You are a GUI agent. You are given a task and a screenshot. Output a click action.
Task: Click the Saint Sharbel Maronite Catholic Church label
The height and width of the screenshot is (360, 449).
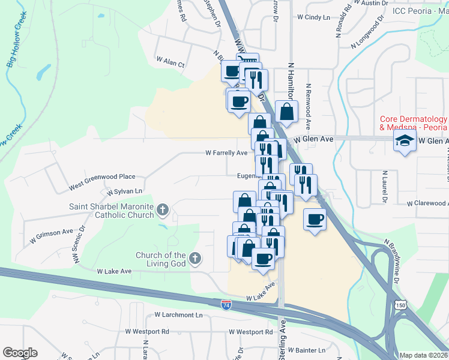(111, 211)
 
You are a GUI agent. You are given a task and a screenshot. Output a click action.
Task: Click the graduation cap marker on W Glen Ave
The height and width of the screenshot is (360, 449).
(405, 142)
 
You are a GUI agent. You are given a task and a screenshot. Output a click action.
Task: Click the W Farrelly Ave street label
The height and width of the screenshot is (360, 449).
(226, 153)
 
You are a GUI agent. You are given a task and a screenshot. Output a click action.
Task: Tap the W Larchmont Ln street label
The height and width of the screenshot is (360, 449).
(179, 314)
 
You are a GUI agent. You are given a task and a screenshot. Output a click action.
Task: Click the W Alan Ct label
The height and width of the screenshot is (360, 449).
(170, 61)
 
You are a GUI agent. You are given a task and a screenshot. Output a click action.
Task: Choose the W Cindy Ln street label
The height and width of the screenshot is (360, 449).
(314, 17)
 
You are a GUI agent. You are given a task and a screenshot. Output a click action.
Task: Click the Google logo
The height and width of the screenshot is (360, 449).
(20, 353)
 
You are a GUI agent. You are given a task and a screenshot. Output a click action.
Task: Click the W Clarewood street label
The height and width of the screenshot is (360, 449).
(427, 203)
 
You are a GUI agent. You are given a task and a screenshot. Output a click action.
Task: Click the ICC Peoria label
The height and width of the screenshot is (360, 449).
(420, 11)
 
